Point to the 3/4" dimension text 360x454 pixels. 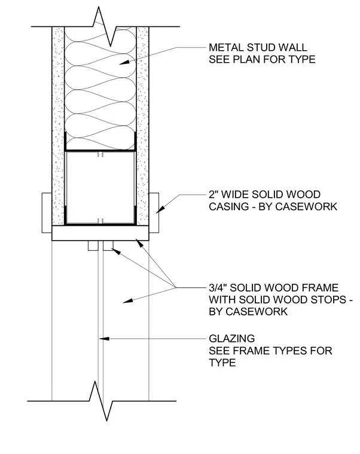coord(218,287)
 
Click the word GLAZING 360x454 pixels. coord(232,338)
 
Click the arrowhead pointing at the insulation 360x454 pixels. coord(124,62)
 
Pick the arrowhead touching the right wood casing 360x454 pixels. coord(160,210)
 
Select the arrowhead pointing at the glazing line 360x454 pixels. coord(104,338)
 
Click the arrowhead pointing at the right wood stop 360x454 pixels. coord(116,251)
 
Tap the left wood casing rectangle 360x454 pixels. coord(47,213)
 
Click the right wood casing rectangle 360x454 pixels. coord(154,213)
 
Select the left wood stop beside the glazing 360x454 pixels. coord(93,246)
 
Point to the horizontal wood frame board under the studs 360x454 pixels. coord(100,233)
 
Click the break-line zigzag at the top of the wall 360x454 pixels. coord(104,27)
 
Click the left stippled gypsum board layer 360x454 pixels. coord(58,126)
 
